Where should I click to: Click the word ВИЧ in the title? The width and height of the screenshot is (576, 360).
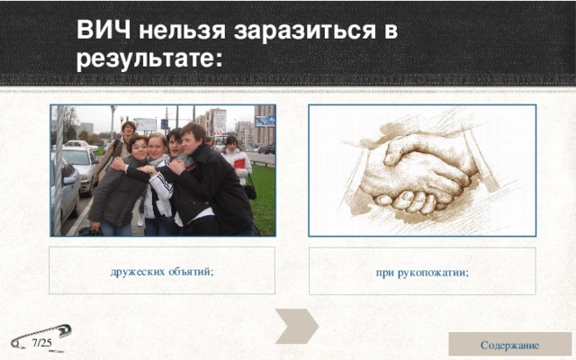pos(103,31)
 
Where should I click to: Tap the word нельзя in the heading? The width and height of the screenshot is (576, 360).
pos(179,31)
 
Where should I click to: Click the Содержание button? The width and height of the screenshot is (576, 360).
pos(509,345)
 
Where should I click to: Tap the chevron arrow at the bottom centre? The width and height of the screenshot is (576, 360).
pos(296,325)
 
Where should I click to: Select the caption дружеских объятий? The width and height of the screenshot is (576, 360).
pos(162,271)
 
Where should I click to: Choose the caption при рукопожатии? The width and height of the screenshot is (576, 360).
pos(422,272)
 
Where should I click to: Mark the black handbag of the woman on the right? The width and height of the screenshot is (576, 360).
pos(249,190)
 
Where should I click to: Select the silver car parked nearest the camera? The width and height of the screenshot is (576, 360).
pos(65,193)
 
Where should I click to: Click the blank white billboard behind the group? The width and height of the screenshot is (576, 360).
pos(145,124)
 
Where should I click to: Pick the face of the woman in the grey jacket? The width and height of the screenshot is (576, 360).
pos(138,146)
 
